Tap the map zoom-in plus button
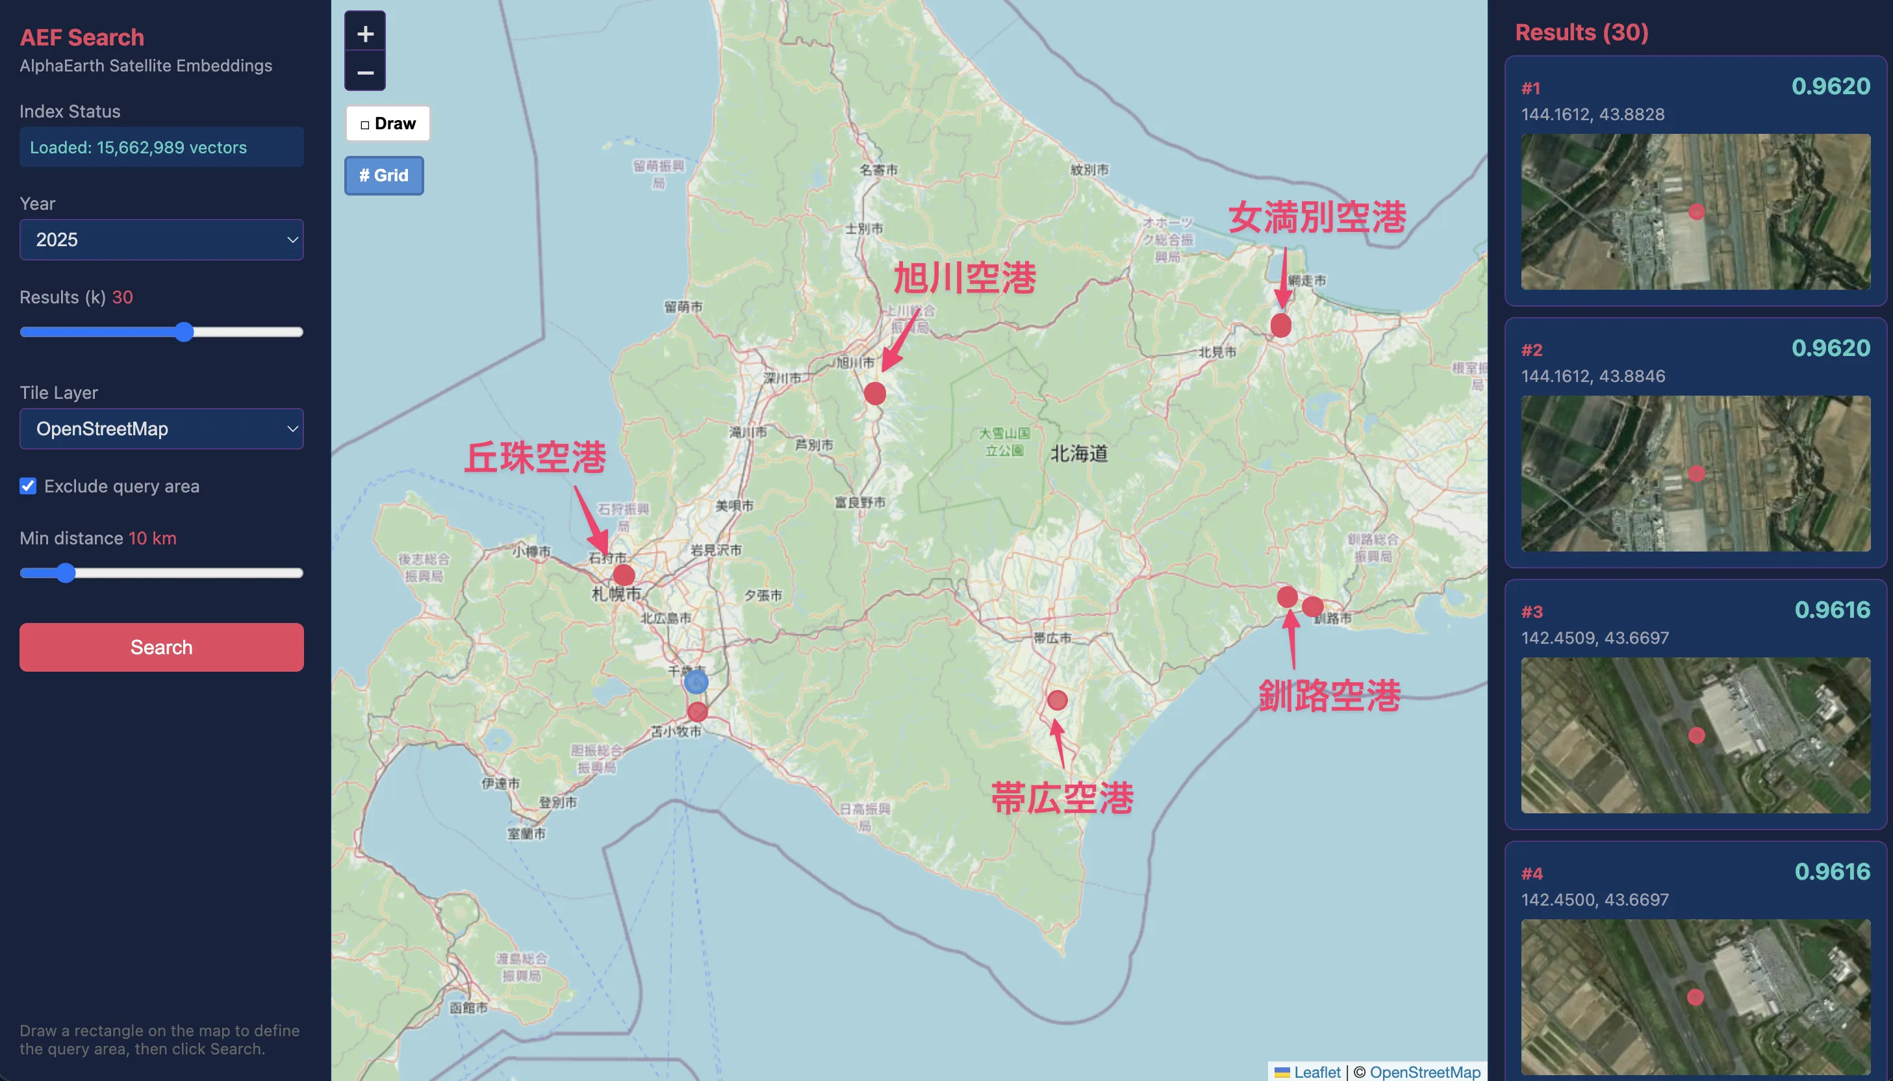tap(365, 33)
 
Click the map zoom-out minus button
tap(365, 73)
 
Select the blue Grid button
tap(384, 175)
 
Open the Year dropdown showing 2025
tap(161, 239)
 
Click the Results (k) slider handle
tap(184, 332)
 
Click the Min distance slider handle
tap(66, 572)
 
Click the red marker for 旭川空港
tap(874, 394)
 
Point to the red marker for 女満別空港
tap(1280, 325)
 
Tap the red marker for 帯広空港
tap(1057, 700)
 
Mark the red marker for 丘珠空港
tap(624, 575)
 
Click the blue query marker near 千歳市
tap(696, 681)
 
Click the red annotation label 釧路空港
tap(1329, 696)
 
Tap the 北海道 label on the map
tap(1078, 453)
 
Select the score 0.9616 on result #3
tap(1831, 609)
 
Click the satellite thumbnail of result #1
tap(1695, 212)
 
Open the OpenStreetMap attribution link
tap(1425, 1071)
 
